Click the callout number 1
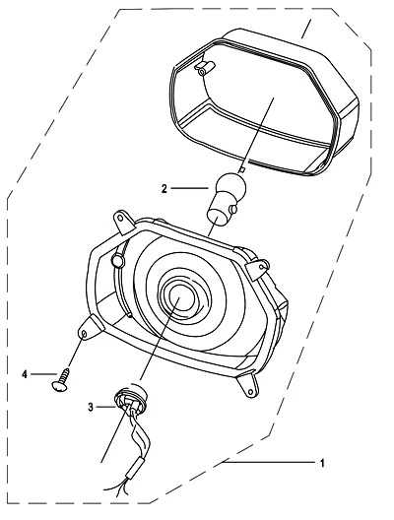[322, 463]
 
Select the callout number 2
[164, 189]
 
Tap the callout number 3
[91, 407]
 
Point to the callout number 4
[25, 375]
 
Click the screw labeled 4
[62, 380]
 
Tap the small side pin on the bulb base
[233, 209]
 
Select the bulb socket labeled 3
[130, 398]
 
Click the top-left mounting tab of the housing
[123, 222]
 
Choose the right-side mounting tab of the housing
[258, 269]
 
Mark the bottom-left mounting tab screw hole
[85, 334]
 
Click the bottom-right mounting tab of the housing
[248, 385]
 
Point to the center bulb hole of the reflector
[182, 297]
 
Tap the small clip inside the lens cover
[205, 68]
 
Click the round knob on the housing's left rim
[118, 261]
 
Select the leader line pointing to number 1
[269, 462]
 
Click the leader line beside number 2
[189, 189]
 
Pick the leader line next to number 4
[43, 374]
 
